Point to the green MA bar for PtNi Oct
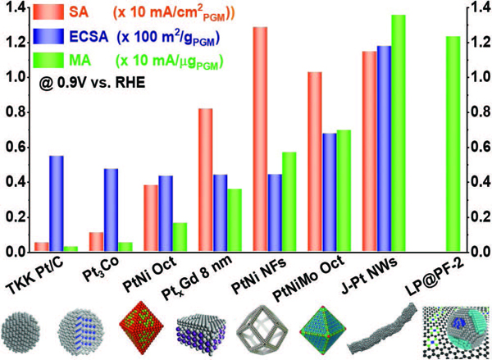click(180, 236)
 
